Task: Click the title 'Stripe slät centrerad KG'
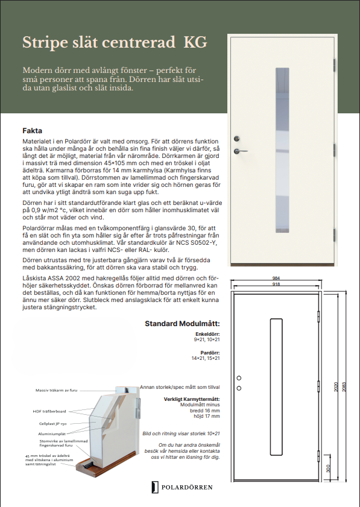pyautogui.click(x=115, y=42)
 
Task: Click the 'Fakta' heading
pyautogui.click(x=33, y=131)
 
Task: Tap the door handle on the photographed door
pyautogui.click(x=241, y=151)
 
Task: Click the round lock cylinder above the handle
pyautogui.click(x=237, y=139)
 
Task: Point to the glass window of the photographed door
pyautogui.click(x=282, y=150)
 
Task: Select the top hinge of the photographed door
pyautogui.click(x=335, y=65)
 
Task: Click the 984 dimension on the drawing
pyautogui.click(x=276, y=278)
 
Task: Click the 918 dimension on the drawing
pyautogui.click(x=276, y=284)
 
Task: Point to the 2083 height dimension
pyautogui.click(x=344, y=387)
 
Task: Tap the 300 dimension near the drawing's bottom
pyautogui.click(x=328, y=468)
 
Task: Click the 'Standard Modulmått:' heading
pyautogui.click(x=182, y=324)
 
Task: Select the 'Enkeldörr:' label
pyautogui.click(x=207, y=334)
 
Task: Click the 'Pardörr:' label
pyautogui.click(x=210, y=353)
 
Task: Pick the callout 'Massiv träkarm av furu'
pyautogui.click(x=56, y=390)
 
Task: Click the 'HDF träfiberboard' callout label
pyautogui.click(x=49, y=411)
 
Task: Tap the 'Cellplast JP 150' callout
pyautogui.click(x=52, y=424)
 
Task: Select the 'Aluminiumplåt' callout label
pyautogui.click(x=52, y=434)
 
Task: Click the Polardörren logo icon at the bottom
pyautogui.click(x=155, y=487)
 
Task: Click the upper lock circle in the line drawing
pyautogui.click(x=239, y=378)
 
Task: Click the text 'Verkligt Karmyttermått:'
pyautogui.click(x=192, y=399)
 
